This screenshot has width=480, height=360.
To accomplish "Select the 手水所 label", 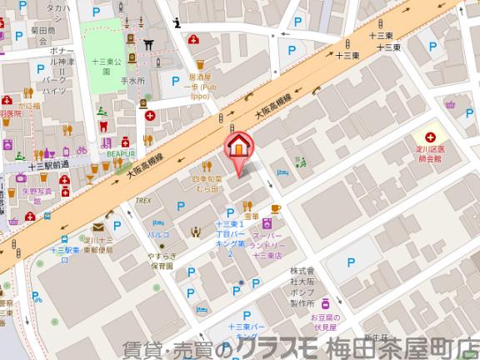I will [x=132, y=81].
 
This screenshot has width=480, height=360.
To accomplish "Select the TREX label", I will [x=142, y=201].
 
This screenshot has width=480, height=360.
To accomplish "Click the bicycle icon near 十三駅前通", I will [x=82, y=152].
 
